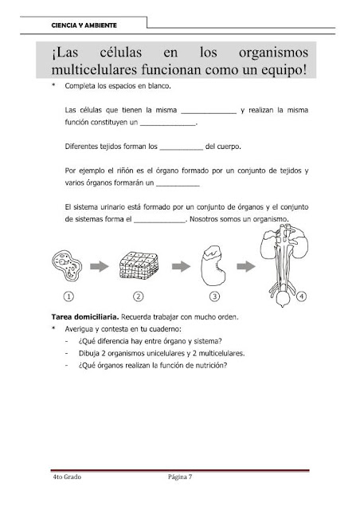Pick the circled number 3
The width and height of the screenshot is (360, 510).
coord(214,296)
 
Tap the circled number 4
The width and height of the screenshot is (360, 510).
coord(301,296)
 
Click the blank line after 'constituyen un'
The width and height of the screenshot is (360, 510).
coord(168,124)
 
